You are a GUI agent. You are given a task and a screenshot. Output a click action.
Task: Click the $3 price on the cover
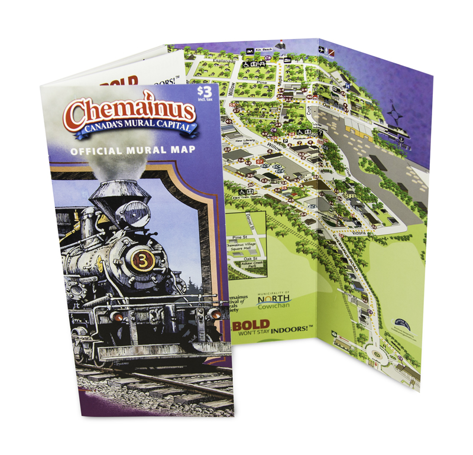pos(204,92)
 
